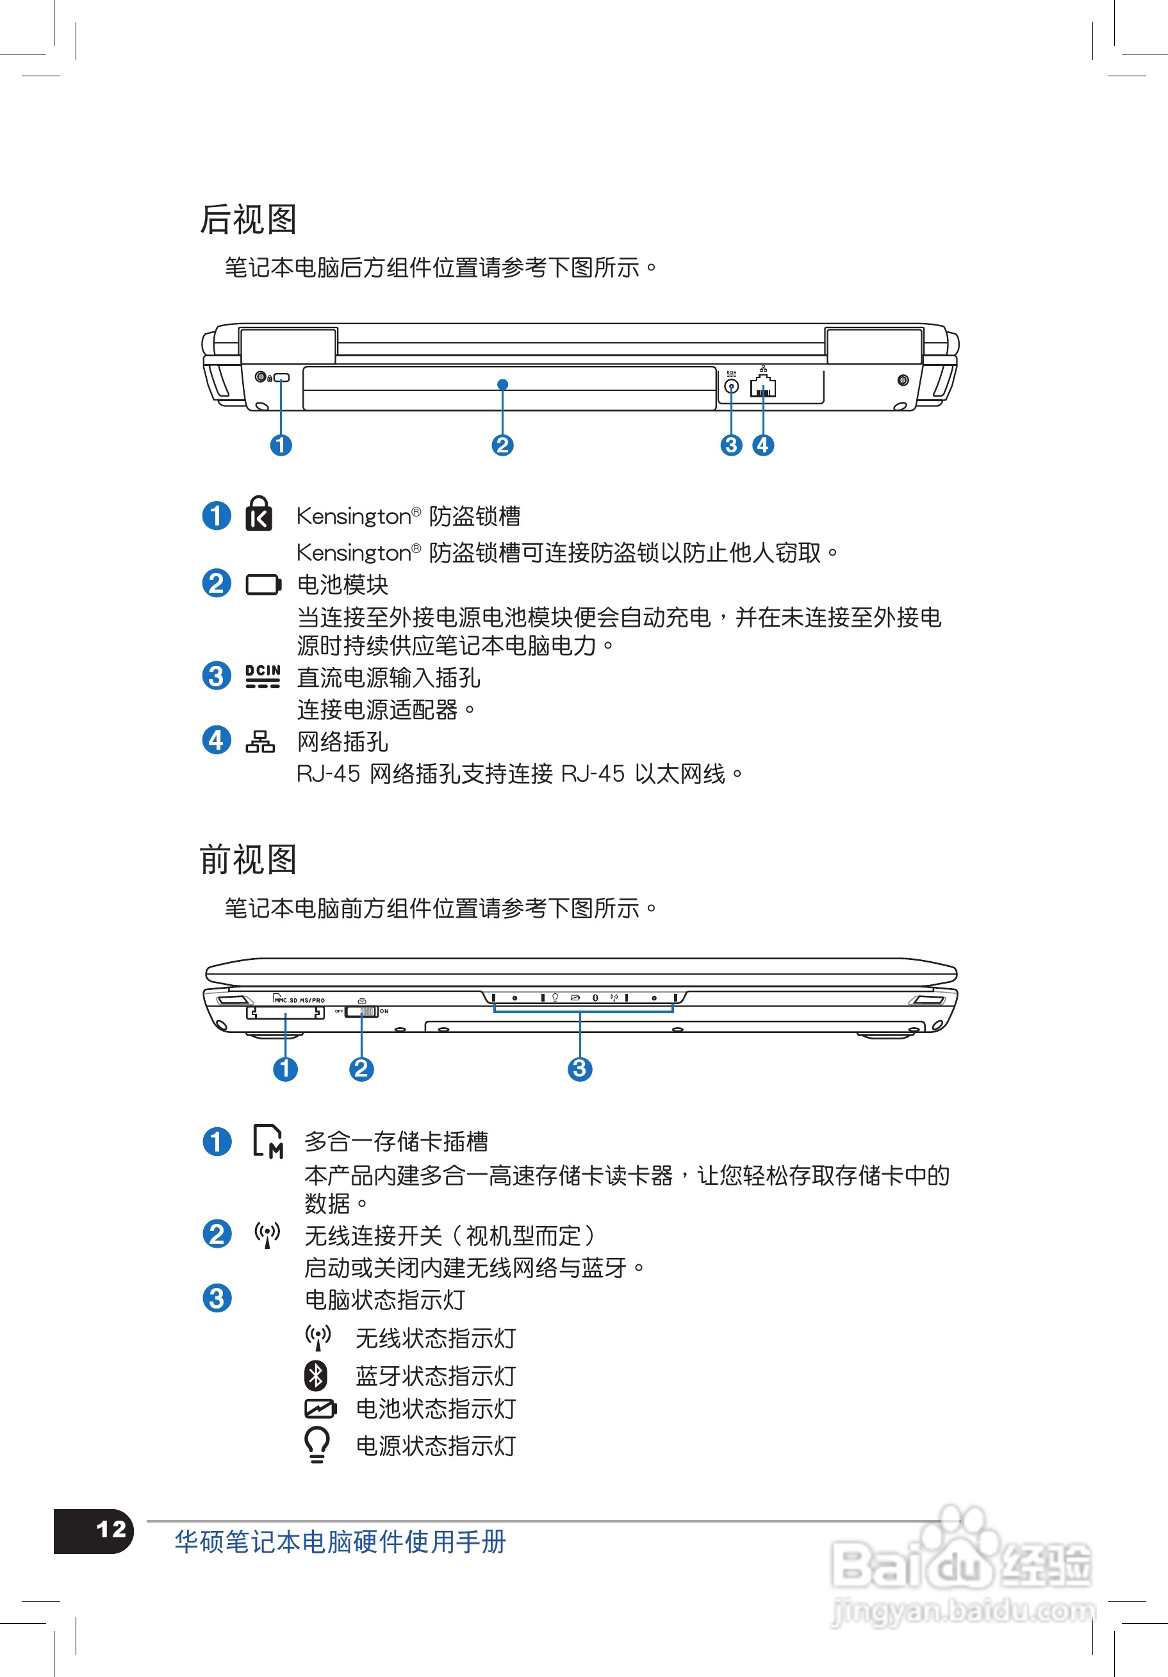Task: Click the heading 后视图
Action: [249, 219]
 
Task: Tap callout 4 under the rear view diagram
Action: [763, 445]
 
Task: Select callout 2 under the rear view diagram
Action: [502, 445]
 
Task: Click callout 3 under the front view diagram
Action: [580, 1069]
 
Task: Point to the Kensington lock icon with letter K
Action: [259, 513]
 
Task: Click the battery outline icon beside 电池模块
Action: [263, 585]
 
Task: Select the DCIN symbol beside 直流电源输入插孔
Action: [262, 676]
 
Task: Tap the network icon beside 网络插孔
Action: [260, 741]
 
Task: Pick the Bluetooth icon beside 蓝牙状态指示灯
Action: [316, 1375]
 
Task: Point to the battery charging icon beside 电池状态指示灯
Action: [320, 1409]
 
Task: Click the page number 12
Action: [111, 1530]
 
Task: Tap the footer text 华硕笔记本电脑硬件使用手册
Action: [340, 1542]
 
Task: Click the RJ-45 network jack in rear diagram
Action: [762, 387]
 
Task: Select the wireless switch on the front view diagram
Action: [361, 1012]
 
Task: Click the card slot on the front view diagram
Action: [286, 1012]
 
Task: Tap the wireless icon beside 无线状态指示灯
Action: [318, 1337]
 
